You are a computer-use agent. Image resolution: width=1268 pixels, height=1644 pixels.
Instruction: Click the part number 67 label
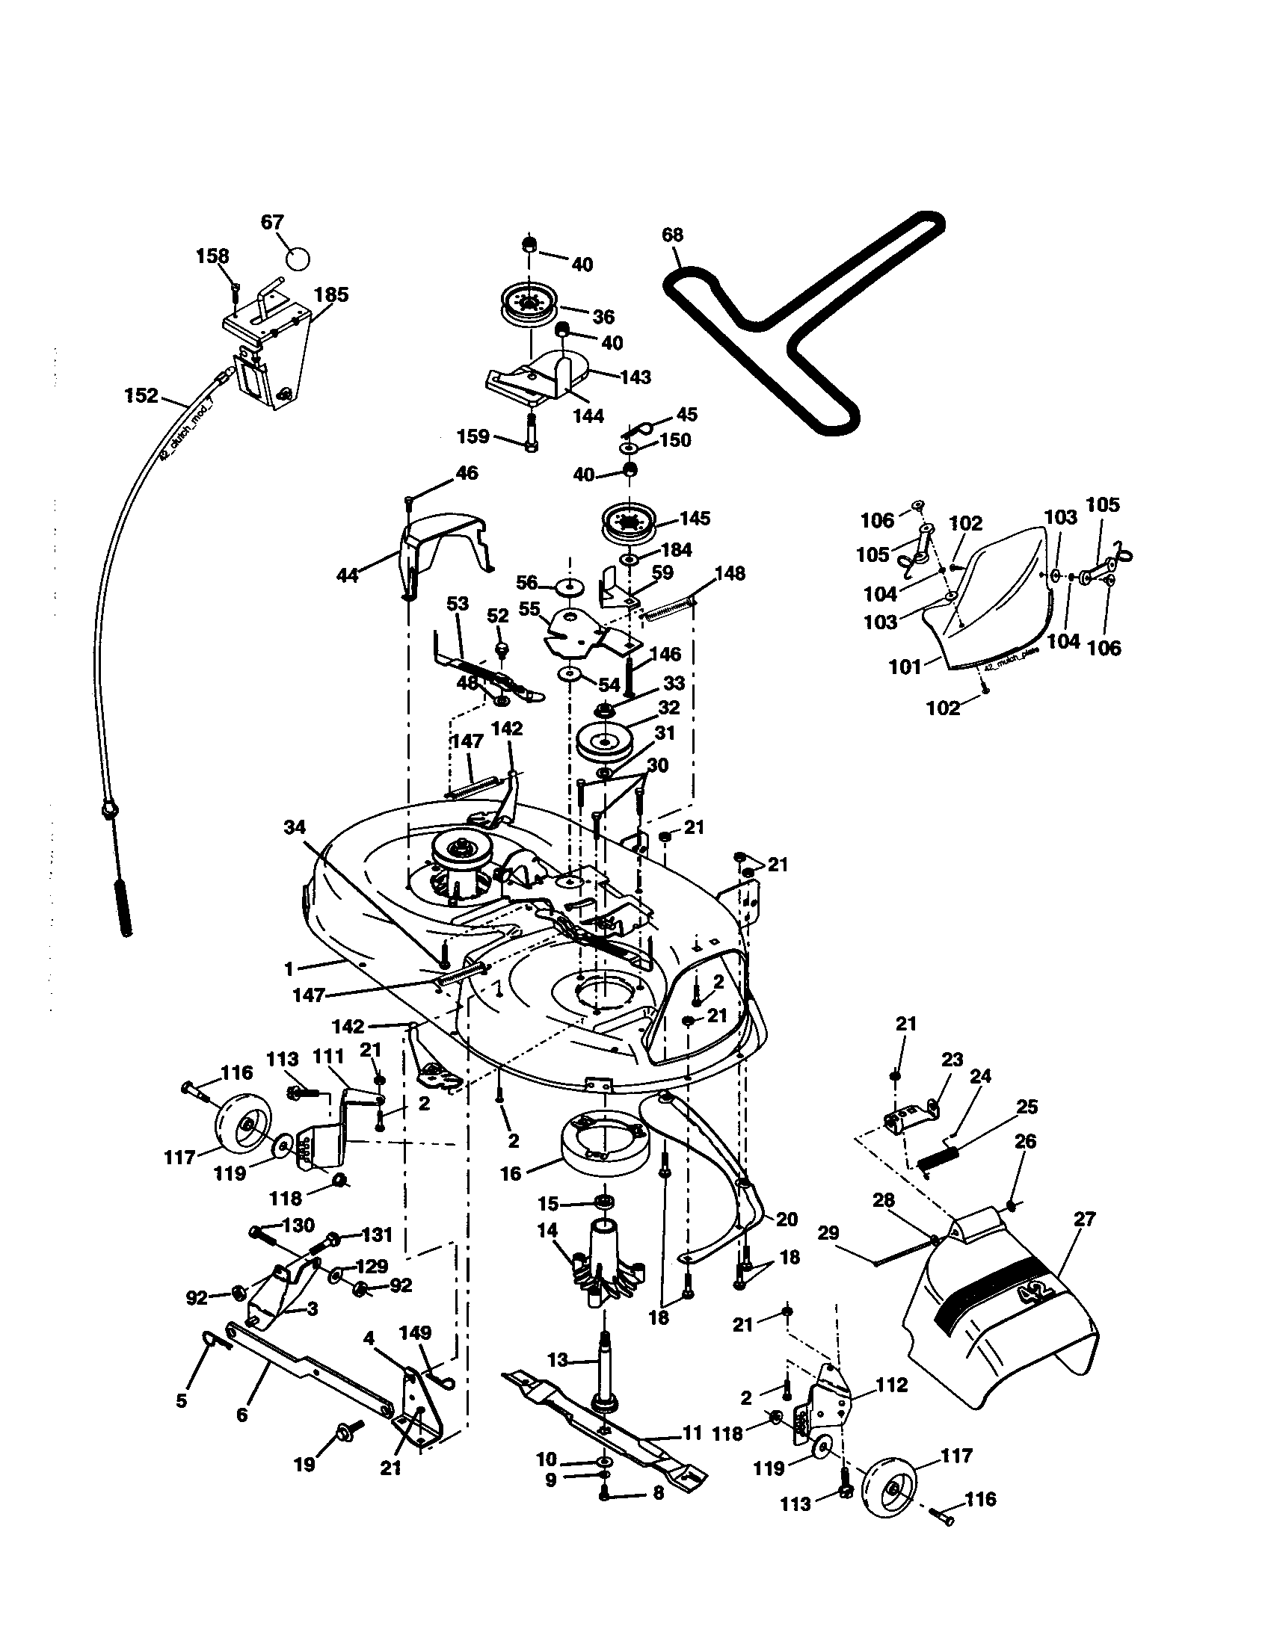pyautogui.click(x=272, y=222)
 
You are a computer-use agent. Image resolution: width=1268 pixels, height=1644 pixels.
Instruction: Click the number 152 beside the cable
pyautogui.click(x=141, y=395)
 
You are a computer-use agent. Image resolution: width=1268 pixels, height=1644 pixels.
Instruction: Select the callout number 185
pyautogui.click(x=331, y=294)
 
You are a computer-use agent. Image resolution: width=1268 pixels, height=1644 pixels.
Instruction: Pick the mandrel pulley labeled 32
pyautogui.click(x=605, y=742)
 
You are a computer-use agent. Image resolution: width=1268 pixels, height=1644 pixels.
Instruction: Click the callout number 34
pyautogui.click(x=295, y=827)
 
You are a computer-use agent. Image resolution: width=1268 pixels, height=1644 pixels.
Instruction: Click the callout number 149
pyautogui.click(x=415, y=1332)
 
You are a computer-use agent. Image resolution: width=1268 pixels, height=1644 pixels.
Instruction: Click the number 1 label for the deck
pyautogui.click(x=289, y=968)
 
